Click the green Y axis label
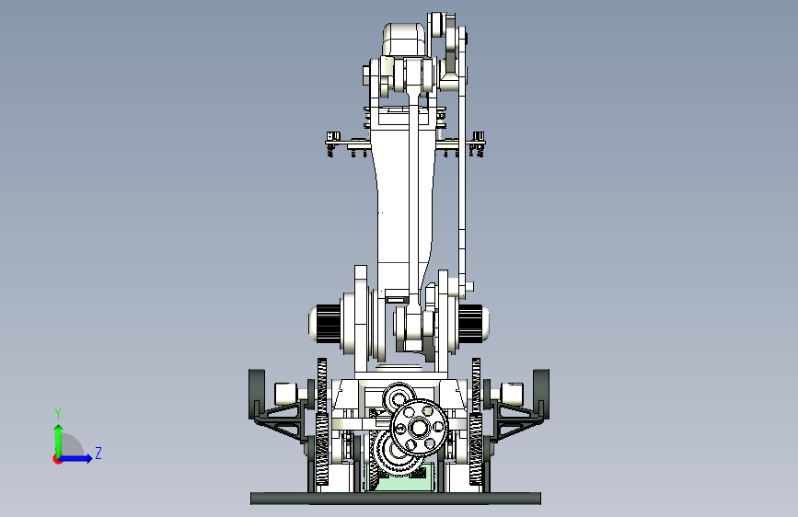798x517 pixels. (x=58, y=414)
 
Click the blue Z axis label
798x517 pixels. (x=98, y=453)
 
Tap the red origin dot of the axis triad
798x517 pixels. (x=57, y=459)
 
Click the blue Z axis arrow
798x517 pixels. (x=76, y=458)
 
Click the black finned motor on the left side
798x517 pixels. (x=329, y=324)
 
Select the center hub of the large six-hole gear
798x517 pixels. (x=419, y=428)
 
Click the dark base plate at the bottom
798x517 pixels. (x=396, y=499)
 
